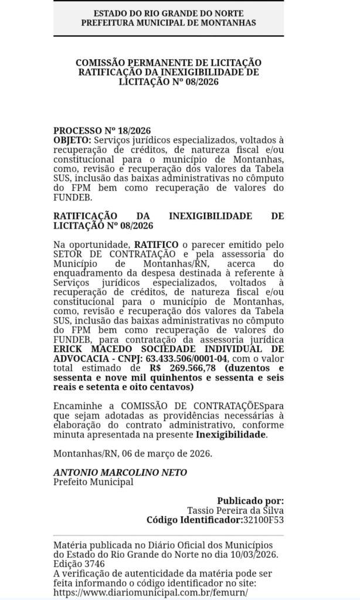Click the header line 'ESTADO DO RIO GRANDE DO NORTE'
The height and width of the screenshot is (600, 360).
tap(169, 13)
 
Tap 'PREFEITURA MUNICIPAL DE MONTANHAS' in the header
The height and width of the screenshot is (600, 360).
tap(169, 22)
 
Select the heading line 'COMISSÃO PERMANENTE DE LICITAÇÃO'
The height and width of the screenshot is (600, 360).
tap(169, 63)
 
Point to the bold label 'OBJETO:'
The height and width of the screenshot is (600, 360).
tap(72, 140)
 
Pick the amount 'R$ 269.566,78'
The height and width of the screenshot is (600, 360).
tap(183, 369)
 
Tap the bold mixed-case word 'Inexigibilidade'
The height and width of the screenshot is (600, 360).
tap(230, 434)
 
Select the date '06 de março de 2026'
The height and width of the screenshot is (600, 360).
tap(166, 454)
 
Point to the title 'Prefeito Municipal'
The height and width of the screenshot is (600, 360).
tap(93, 482)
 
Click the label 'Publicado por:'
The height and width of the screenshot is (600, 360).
tap(250, 501)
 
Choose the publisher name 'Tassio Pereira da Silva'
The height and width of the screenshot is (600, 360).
tap(235, 510)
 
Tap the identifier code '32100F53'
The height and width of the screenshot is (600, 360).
tap(263, 520)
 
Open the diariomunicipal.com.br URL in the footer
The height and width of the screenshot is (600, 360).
tap(151, 592)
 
